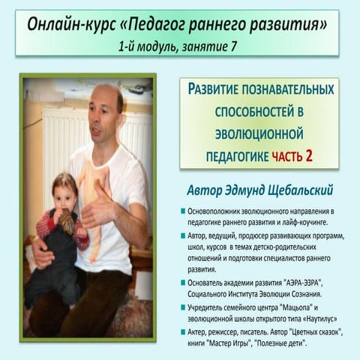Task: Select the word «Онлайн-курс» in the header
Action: click(x=68, y=25)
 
